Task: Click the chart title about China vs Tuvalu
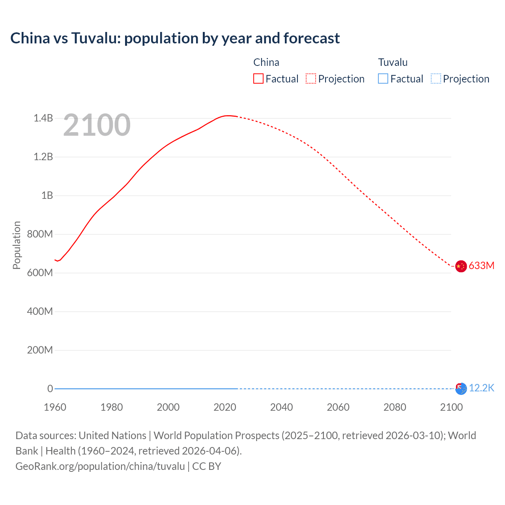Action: pos(175,38)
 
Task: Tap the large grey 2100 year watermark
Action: pos(97,125)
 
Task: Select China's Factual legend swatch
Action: pos(258,79)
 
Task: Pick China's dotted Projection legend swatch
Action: pos(311,79)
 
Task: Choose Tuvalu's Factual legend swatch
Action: pos(383,79)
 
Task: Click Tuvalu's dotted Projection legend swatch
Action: pos(436,79)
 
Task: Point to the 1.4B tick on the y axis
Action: pos(43,118)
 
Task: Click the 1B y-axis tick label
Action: pos(47,195)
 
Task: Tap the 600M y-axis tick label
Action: pos(40,273)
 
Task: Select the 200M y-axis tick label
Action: pos(40,350)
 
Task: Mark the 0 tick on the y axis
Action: pos(50,389)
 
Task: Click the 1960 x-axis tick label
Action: pos(55,407)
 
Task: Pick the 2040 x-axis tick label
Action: pos(281,407)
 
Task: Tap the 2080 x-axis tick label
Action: pos(395,407)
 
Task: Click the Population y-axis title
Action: pos(17,245)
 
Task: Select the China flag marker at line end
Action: pos(461,266)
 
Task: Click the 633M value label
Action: pos(481,266)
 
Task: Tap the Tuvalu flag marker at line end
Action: pos(461,389)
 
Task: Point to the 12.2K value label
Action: pos(481,388)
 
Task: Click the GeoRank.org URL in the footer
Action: pos(100,466)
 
